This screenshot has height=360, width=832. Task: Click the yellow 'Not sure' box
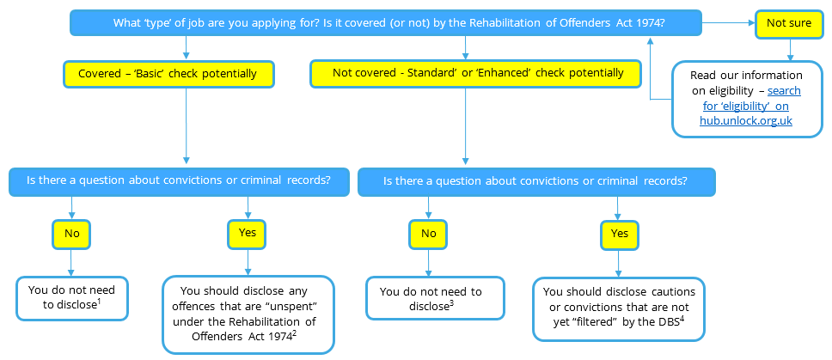tap(787, 23)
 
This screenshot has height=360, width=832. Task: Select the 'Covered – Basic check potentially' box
tap(168, 74)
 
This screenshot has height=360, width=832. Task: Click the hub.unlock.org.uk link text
tap(745, 121)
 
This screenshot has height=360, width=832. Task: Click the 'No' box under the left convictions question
tap(71, 232)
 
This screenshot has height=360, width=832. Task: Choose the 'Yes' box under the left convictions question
tap(248, 232)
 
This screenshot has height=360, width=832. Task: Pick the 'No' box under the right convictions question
tap(428, 232)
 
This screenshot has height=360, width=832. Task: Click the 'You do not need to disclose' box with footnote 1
tap(71, 296)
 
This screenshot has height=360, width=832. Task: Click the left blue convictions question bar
tap(180, 181)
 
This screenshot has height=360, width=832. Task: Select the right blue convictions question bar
tap(535, 181)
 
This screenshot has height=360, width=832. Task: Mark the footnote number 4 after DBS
tap(682, 317)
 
